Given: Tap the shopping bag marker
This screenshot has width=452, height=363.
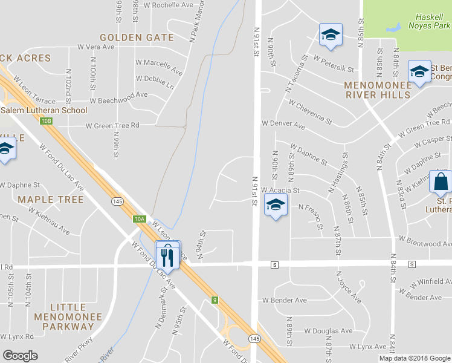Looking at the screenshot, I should point(441,182).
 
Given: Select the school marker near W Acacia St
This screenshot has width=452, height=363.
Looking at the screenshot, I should point(276,206).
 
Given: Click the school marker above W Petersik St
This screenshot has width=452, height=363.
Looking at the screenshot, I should point(331,36).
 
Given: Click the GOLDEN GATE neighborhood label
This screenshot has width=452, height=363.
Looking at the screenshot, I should point(137,38).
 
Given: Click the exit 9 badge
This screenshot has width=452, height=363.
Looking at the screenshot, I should point(214,299).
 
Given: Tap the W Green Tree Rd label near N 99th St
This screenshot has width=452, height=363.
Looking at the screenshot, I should point(112,126).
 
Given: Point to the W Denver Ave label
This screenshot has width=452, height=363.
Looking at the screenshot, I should point(283,123).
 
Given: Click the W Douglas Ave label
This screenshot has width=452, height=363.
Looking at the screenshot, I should point(328,331).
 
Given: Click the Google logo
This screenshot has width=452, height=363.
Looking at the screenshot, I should point(20,356).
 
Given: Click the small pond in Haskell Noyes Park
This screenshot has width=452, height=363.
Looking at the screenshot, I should point(394,27).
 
